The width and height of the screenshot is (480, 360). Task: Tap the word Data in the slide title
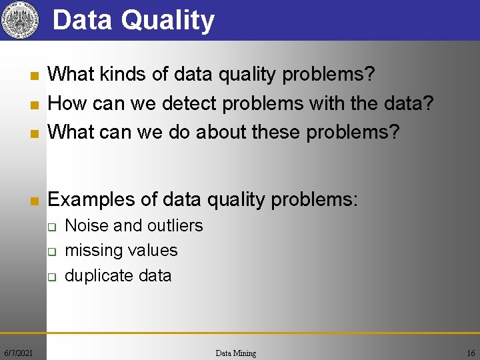(x=83, y=20)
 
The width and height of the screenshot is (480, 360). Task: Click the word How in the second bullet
(x=67, y=103)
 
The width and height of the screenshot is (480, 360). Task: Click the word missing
(x=92, y=251)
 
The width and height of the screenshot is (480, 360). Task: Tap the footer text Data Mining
(x=236, y=353)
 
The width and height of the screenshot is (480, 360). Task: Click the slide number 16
(x=471, y=353)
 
